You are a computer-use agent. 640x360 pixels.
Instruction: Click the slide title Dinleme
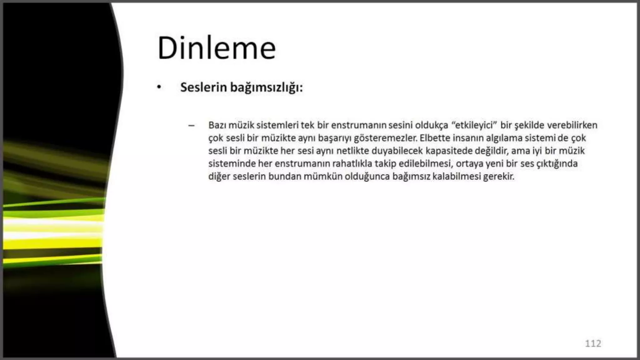217,48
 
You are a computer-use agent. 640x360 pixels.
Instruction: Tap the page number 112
593,343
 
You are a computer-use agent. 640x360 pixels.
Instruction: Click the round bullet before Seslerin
159,87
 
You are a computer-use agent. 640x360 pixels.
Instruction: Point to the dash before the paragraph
191,126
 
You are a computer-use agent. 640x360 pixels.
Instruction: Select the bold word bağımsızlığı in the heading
266,87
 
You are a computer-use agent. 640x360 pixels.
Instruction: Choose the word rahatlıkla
352,164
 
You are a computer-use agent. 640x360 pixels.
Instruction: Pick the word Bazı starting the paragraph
217,125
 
